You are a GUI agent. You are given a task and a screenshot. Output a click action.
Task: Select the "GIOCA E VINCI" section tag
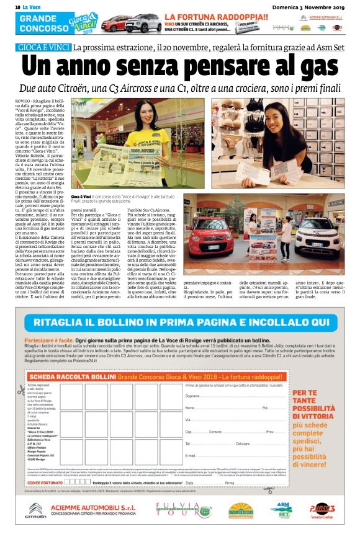point(43,48)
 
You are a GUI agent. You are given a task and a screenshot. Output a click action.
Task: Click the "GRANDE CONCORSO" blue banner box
point(37,24)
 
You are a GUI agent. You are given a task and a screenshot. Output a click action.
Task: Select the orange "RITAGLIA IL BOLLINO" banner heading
point(179,306)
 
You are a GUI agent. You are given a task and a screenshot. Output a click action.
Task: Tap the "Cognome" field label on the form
point(192,378)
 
